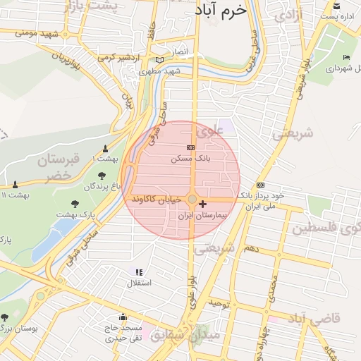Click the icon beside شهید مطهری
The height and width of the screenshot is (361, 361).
(162, 61)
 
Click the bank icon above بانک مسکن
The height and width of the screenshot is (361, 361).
(190, 148)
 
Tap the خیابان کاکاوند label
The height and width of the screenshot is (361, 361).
(157, 200)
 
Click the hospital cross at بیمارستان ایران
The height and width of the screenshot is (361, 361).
(204, 203)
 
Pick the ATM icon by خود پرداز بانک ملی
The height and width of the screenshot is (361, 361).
(261, 185)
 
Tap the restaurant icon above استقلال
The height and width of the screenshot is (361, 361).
(139, 272)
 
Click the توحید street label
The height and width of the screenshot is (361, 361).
(219, 303)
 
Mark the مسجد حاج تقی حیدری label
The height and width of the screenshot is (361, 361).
(123, 333)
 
